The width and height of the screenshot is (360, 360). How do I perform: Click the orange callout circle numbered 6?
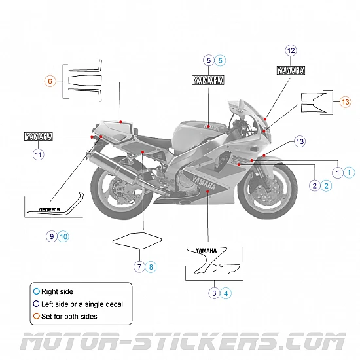[50, 81]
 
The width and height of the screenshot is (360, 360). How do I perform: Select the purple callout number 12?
[291, 50]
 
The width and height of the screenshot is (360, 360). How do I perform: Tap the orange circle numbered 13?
[346, 101]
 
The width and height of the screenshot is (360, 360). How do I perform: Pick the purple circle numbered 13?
[300, 141]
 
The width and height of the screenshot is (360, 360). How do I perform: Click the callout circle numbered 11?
[38, 154]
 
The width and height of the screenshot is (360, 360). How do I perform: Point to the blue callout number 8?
[151, 266]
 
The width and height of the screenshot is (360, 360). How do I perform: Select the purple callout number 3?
[214, 293]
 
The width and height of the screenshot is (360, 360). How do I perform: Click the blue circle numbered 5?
[221, 60]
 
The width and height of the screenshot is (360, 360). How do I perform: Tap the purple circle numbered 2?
[315, 186]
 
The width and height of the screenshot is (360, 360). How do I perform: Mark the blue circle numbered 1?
[350, 172]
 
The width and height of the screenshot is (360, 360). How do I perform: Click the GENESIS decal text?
[48, 210]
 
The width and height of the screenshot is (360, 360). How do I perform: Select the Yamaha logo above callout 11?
[38, 137]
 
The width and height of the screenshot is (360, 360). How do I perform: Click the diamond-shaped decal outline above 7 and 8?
[136, 240]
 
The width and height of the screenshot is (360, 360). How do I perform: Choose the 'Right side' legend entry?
[57, 291]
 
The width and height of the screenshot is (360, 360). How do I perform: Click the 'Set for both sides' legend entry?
[68, 316]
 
